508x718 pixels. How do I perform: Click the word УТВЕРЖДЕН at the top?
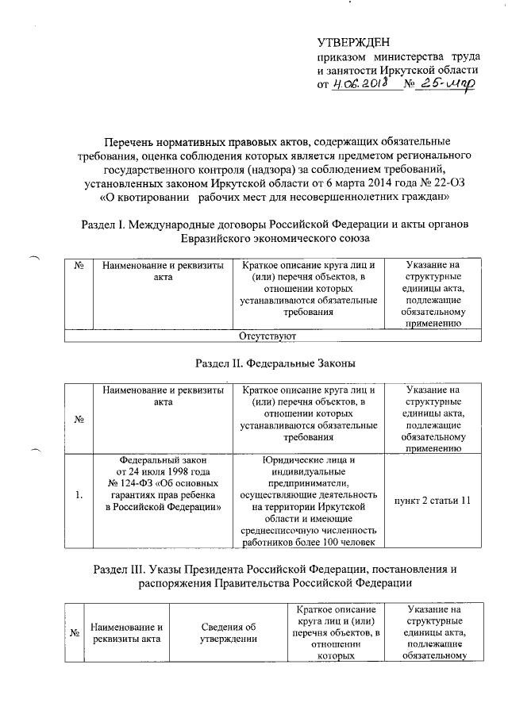(354, 41)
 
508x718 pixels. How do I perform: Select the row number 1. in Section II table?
(79, 496)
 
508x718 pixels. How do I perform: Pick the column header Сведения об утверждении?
(229, 633)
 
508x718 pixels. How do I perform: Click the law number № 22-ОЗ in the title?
(425, 182)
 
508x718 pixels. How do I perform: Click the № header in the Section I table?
(79, 264)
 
